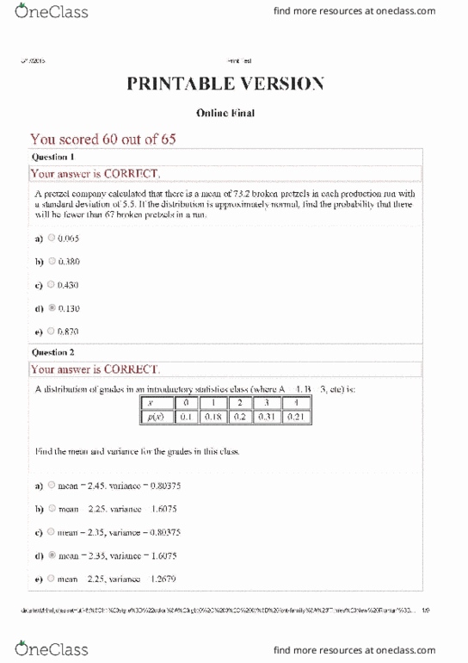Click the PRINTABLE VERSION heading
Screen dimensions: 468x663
click(225, 84)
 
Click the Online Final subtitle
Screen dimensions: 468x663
click(225, 114)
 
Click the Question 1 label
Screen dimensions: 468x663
click(53, 158)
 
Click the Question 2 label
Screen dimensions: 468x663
click(53, 352)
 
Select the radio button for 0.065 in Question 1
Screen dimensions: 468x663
click(52, 237)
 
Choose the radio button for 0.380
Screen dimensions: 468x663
click(52, 260)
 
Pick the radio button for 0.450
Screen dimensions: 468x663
click(52, 284)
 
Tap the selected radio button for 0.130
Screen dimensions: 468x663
click(52, 307)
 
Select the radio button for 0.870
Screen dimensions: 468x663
click(52, 331)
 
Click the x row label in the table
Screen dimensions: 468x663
click(151, 402)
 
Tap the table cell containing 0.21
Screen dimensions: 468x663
click(295, 418)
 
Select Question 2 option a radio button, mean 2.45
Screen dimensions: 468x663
click(52, 486)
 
